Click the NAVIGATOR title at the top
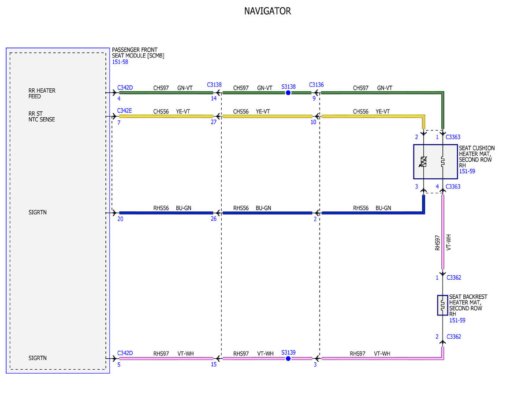pos(267,11)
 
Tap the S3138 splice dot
pos(288,93)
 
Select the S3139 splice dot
pos(288,359)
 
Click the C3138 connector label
pos(214,85)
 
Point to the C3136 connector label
pos(316,85)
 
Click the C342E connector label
pos(124,111)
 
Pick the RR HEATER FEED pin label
pos(42,94)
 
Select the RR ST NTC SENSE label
pos(41,116)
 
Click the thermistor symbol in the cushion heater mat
pos(424,162)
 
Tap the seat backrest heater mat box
pos(442,305)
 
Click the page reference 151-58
pos(120,62)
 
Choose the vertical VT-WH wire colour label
pos(449,242)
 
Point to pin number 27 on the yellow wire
pos(213,122)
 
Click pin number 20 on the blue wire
pos(120,219)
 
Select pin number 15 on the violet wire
pos(214,364)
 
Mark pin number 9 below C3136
pos(314,98)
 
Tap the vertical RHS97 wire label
pos(437,243)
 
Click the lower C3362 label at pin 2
pos(454,337)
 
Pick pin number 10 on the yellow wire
pos(313,122)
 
